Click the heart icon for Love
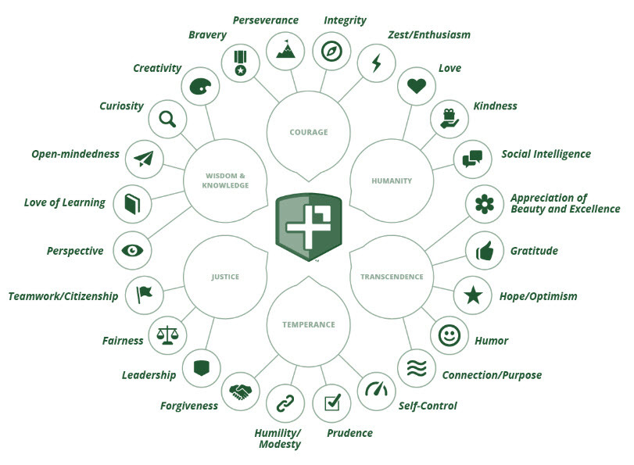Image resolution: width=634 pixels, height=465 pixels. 417,86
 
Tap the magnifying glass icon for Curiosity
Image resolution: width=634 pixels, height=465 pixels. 167,120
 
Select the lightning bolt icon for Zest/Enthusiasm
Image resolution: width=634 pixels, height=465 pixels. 377,63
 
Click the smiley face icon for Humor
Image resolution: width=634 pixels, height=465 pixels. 450,335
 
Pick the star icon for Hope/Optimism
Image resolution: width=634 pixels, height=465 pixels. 473,295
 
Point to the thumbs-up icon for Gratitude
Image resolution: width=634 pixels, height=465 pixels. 485,251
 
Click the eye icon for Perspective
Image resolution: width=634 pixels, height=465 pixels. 132,251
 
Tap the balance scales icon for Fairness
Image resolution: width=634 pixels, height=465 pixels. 167,335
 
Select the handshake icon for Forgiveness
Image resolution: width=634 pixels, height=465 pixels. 240,392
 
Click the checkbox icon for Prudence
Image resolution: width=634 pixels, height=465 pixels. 332,402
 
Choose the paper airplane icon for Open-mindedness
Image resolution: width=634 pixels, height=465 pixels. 144,159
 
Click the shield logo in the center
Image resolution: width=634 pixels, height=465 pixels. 309,227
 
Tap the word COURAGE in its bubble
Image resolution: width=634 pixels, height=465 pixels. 309,132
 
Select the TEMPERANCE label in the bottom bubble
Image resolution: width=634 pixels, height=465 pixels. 309,324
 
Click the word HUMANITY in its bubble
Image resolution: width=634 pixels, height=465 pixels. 392,181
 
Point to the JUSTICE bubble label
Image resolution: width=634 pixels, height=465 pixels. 225,277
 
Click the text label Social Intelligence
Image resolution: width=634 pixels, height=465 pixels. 546,154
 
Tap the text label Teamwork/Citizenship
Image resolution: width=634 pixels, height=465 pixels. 63,296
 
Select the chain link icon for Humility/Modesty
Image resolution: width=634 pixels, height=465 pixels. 285,403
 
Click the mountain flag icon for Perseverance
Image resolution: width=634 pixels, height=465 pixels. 285,49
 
